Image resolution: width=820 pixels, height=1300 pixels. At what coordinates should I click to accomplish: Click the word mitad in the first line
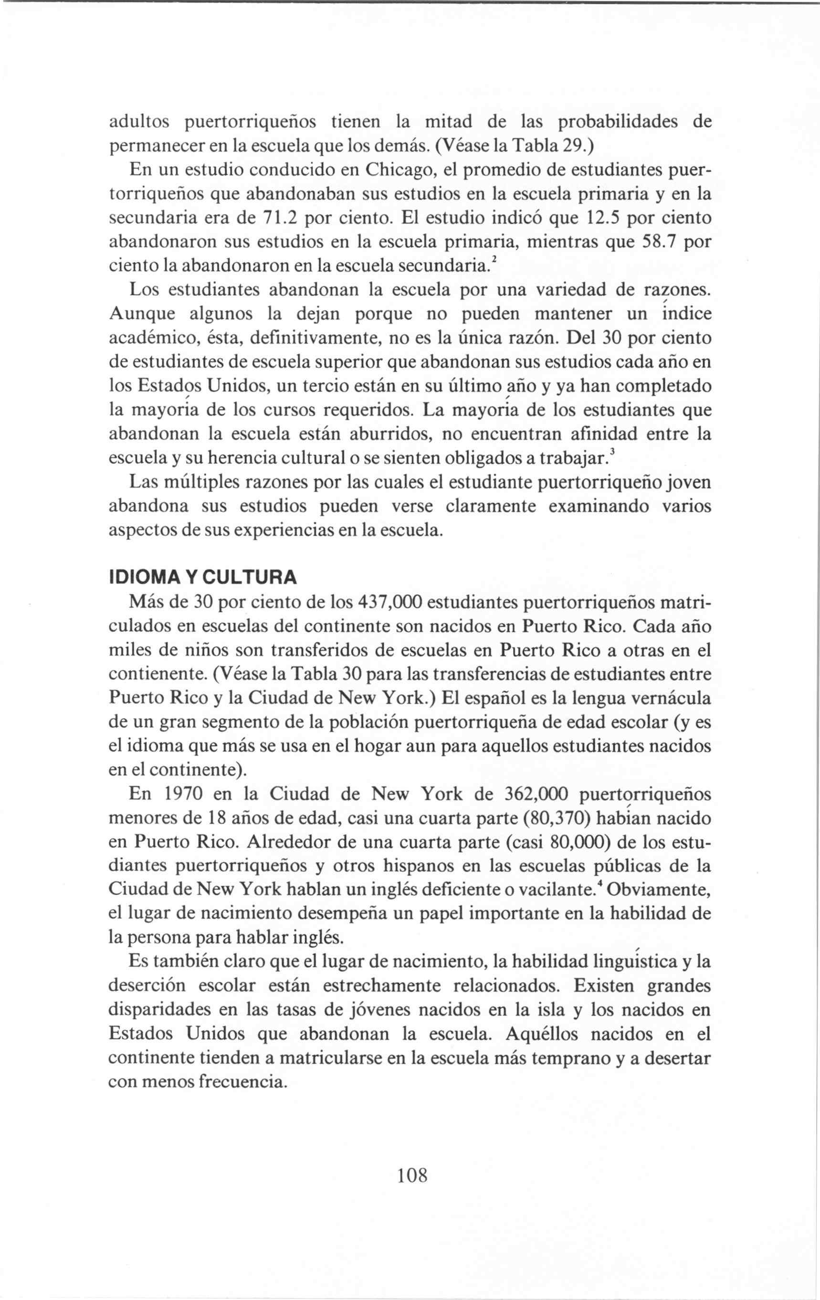tap(449, 122)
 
